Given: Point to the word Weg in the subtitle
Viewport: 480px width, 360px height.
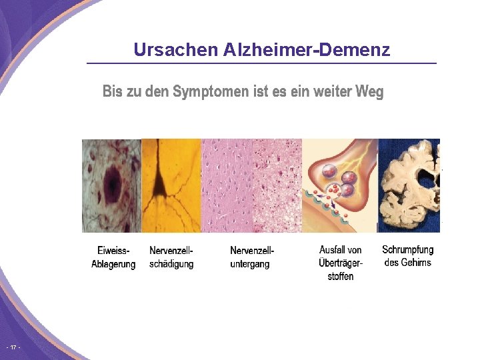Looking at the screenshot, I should coord(370,91).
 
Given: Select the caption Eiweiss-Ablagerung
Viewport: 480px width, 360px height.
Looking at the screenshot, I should coord(113,257).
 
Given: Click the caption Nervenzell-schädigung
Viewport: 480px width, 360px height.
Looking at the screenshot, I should coord(171,257).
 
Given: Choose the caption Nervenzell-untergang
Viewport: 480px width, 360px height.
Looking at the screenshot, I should coord(251,257).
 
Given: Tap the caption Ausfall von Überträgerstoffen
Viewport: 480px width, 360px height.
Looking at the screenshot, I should coord(340,263).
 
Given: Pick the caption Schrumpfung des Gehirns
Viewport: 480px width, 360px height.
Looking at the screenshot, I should coord(407,256).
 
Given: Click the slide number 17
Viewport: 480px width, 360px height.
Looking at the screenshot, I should coord(13,348).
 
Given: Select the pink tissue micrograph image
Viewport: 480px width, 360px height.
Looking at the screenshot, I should coord(251,185).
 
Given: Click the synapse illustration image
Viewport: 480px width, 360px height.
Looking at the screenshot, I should coord(340,185).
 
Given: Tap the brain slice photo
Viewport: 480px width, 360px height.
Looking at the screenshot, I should coord(409,185).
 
